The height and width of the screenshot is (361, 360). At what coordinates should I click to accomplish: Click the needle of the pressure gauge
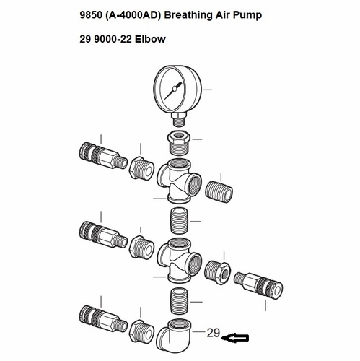173,91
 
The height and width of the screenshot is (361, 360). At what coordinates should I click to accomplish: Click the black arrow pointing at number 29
235,338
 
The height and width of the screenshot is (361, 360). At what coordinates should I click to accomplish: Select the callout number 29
214,333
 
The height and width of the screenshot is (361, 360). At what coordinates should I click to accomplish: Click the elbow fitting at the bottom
174,334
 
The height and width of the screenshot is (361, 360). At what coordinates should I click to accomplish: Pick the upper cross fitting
179,181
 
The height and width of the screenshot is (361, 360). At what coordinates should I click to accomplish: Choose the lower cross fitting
179,261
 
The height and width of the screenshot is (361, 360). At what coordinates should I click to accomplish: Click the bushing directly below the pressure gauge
179,143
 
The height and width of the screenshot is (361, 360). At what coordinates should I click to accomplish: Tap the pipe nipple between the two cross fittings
179,221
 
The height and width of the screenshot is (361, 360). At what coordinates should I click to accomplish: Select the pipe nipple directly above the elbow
179,301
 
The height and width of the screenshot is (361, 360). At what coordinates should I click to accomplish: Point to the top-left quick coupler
103,155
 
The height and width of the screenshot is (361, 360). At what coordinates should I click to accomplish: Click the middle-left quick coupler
103,235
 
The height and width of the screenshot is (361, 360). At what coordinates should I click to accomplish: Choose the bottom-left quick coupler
103,318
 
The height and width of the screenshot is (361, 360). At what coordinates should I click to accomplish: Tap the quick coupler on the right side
258,285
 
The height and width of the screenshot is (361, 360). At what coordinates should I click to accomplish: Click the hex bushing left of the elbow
142,331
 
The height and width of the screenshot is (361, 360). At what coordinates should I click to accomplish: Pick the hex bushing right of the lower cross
218,272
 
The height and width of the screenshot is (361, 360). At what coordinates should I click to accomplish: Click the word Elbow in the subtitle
150,39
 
